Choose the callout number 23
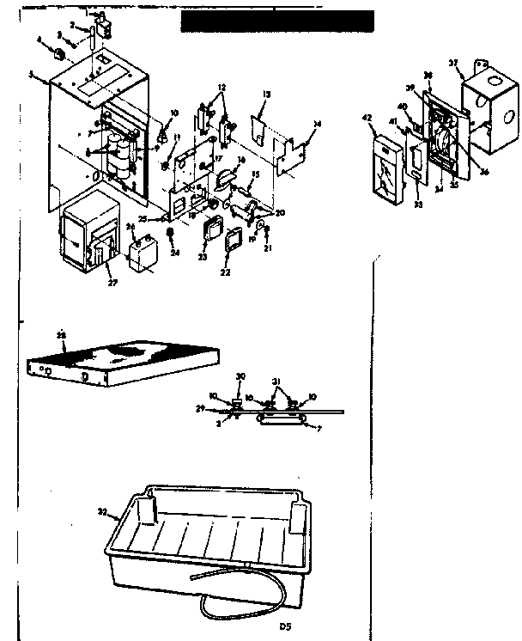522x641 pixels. tap(203, 255)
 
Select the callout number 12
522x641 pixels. tap(221, 89)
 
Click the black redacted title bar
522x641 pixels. tap(276, 21)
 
